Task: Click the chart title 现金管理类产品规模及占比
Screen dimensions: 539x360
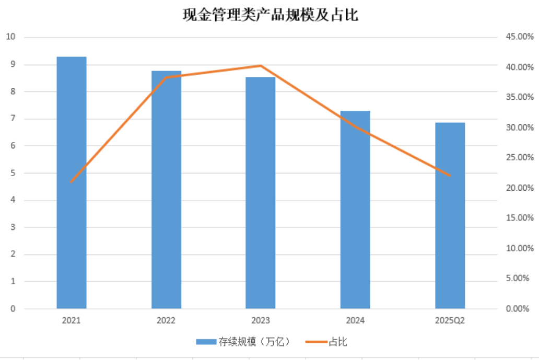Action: [271, 15]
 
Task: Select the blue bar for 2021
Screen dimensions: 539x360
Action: [72, 182]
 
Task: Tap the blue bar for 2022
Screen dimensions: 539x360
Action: [167, 190]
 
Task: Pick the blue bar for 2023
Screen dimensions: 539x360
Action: [261, 193]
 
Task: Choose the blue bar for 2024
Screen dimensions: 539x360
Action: [355, 210]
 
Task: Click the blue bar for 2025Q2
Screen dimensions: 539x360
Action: [450, 216]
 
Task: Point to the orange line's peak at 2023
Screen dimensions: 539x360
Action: [261, 65]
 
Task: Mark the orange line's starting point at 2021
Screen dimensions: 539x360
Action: [71, 182]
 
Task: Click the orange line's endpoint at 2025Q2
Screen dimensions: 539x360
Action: [450, 176]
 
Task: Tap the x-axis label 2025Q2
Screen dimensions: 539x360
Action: [450, 320]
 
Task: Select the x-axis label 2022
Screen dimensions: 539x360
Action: [166, 320]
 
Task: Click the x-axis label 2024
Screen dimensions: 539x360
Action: [355, 320]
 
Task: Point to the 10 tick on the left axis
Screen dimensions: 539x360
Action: [10, 37]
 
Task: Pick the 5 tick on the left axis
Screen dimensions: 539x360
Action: [13, 173]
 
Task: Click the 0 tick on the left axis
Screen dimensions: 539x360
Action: [13, 309]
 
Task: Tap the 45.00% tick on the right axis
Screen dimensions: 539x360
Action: [520, 37]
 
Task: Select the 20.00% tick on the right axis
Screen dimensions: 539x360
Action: [520, 188]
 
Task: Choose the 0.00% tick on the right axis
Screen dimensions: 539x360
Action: [518, 309]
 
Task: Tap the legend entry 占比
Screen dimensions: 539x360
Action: [326, 342]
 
